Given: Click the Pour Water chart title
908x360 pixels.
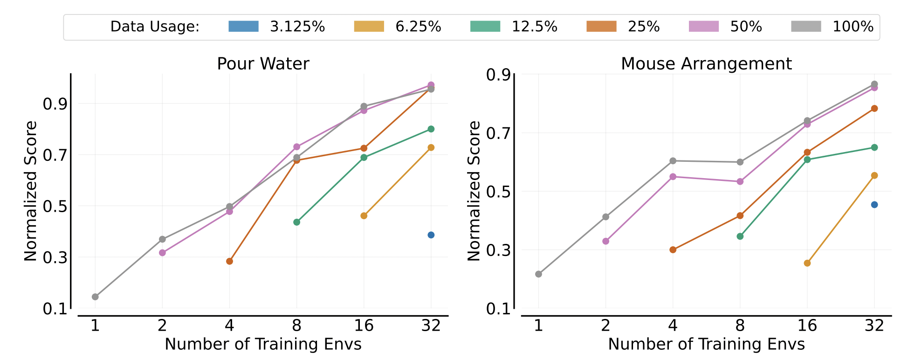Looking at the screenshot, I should [263, 63].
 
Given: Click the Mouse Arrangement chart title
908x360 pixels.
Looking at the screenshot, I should [706, 63].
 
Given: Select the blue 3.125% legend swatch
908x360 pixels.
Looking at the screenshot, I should [243, 27].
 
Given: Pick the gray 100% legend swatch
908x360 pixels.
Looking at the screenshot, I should [806, 27].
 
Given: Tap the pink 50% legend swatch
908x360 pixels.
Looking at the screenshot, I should [704, 27].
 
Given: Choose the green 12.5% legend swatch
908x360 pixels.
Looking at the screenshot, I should [485, 27].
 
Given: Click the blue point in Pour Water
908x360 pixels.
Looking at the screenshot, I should [431, 235].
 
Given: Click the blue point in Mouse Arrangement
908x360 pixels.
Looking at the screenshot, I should [874, 205].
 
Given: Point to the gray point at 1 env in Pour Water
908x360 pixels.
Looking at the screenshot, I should [95, 297].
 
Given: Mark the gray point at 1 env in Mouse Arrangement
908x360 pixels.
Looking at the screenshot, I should [538, 274].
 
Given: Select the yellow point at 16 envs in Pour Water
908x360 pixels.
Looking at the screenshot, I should [364, 216].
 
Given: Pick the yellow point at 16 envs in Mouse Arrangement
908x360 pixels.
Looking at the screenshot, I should [807, 263].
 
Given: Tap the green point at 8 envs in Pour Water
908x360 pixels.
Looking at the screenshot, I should [296, 222].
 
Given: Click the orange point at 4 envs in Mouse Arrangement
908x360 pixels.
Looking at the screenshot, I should [673, 249].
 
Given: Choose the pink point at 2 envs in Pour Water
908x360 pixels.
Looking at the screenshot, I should [162, 253].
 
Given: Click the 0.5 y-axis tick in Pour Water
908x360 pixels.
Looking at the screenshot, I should [55, 206].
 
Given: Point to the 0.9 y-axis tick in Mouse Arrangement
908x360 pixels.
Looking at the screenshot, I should [498, 75].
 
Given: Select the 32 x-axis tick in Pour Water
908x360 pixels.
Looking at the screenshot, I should [431, 325].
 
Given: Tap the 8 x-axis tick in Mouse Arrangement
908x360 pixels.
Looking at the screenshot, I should [740, 325].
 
